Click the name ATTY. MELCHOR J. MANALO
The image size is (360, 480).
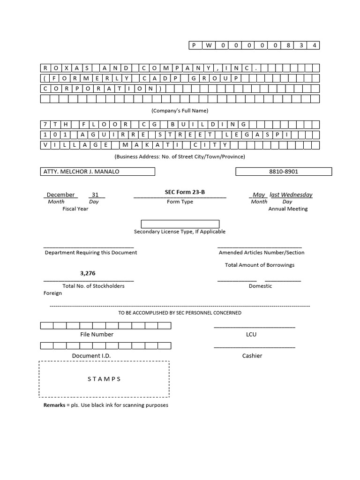pyautogui.click(x=81, y=172)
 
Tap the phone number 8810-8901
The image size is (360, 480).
pyautogui.click(x=284, y=172)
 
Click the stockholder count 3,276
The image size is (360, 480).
pyautogui.click(x=88, y=273)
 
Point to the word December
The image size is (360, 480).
pyautogui.click(x=60, y=195)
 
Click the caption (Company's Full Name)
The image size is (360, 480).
pyautogui.click(x=180, y=111)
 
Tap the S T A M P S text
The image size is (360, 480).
pyautogui.click(x=104, y=379)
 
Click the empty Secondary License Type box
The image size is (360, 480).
pyautogui.click(x=180, y=224)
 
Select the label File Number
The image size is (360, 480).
pyautogui.click(x=97, y=334)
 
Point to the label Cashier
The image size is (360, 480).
pyautogui.click(x=252, y=356)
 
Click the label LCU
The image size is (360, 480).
pyautogui.click(x=251, y=334)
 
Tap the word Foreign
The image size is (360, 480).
pyautogui.click(x=52, y=293)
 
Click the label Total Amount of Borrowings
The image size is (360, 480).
pyautogui.click(x=260, y=265)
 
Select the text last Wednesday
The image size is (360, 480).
pyautogui.click(x=291, y=195)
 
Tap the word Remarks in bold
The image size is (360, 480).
pyautogui.click(x=54, y=405)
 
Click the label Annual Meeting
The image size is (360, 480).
pyautogui.click(x=288, y=209)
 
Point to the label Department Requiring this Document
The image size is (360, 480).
pyautogui.click(x=91, y=252)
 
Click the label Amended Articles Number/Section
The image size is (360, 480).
pyautogui.click(x=262, y=252)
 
